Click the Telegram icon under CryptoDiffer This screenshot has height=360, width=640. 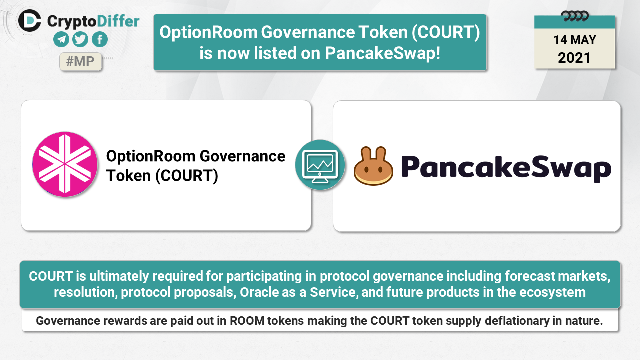[61, 39]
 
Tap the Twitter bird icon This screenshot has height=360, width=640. [80, 39]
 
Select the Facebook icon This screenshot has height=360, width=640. [100, 39]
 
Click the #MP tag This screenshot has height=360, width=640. [80, 61]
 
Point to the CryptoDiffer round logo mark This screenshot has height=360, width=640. [29, 21]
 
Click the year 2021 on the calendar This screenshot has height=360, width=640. [574, 58]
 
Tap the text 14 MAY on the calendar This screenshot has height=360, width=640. [575, 40]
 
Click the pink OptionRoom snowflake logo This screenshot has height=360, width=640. [65, 164]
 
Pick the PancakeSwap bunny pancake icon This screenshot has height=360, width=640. [373, 166]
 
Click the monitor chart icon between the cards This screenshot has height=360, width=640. [320, 165]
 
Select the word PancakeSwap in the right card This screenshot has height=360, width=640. [506, 168]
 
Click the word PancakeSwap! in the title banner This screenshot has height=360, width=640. [382, 53]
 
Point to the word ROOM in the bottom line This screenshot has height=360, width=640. [247, 321]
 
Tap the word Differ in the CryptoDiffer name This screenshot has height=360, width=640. [118, 21]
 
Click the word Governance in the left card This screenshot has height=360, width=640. [242, 156]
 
